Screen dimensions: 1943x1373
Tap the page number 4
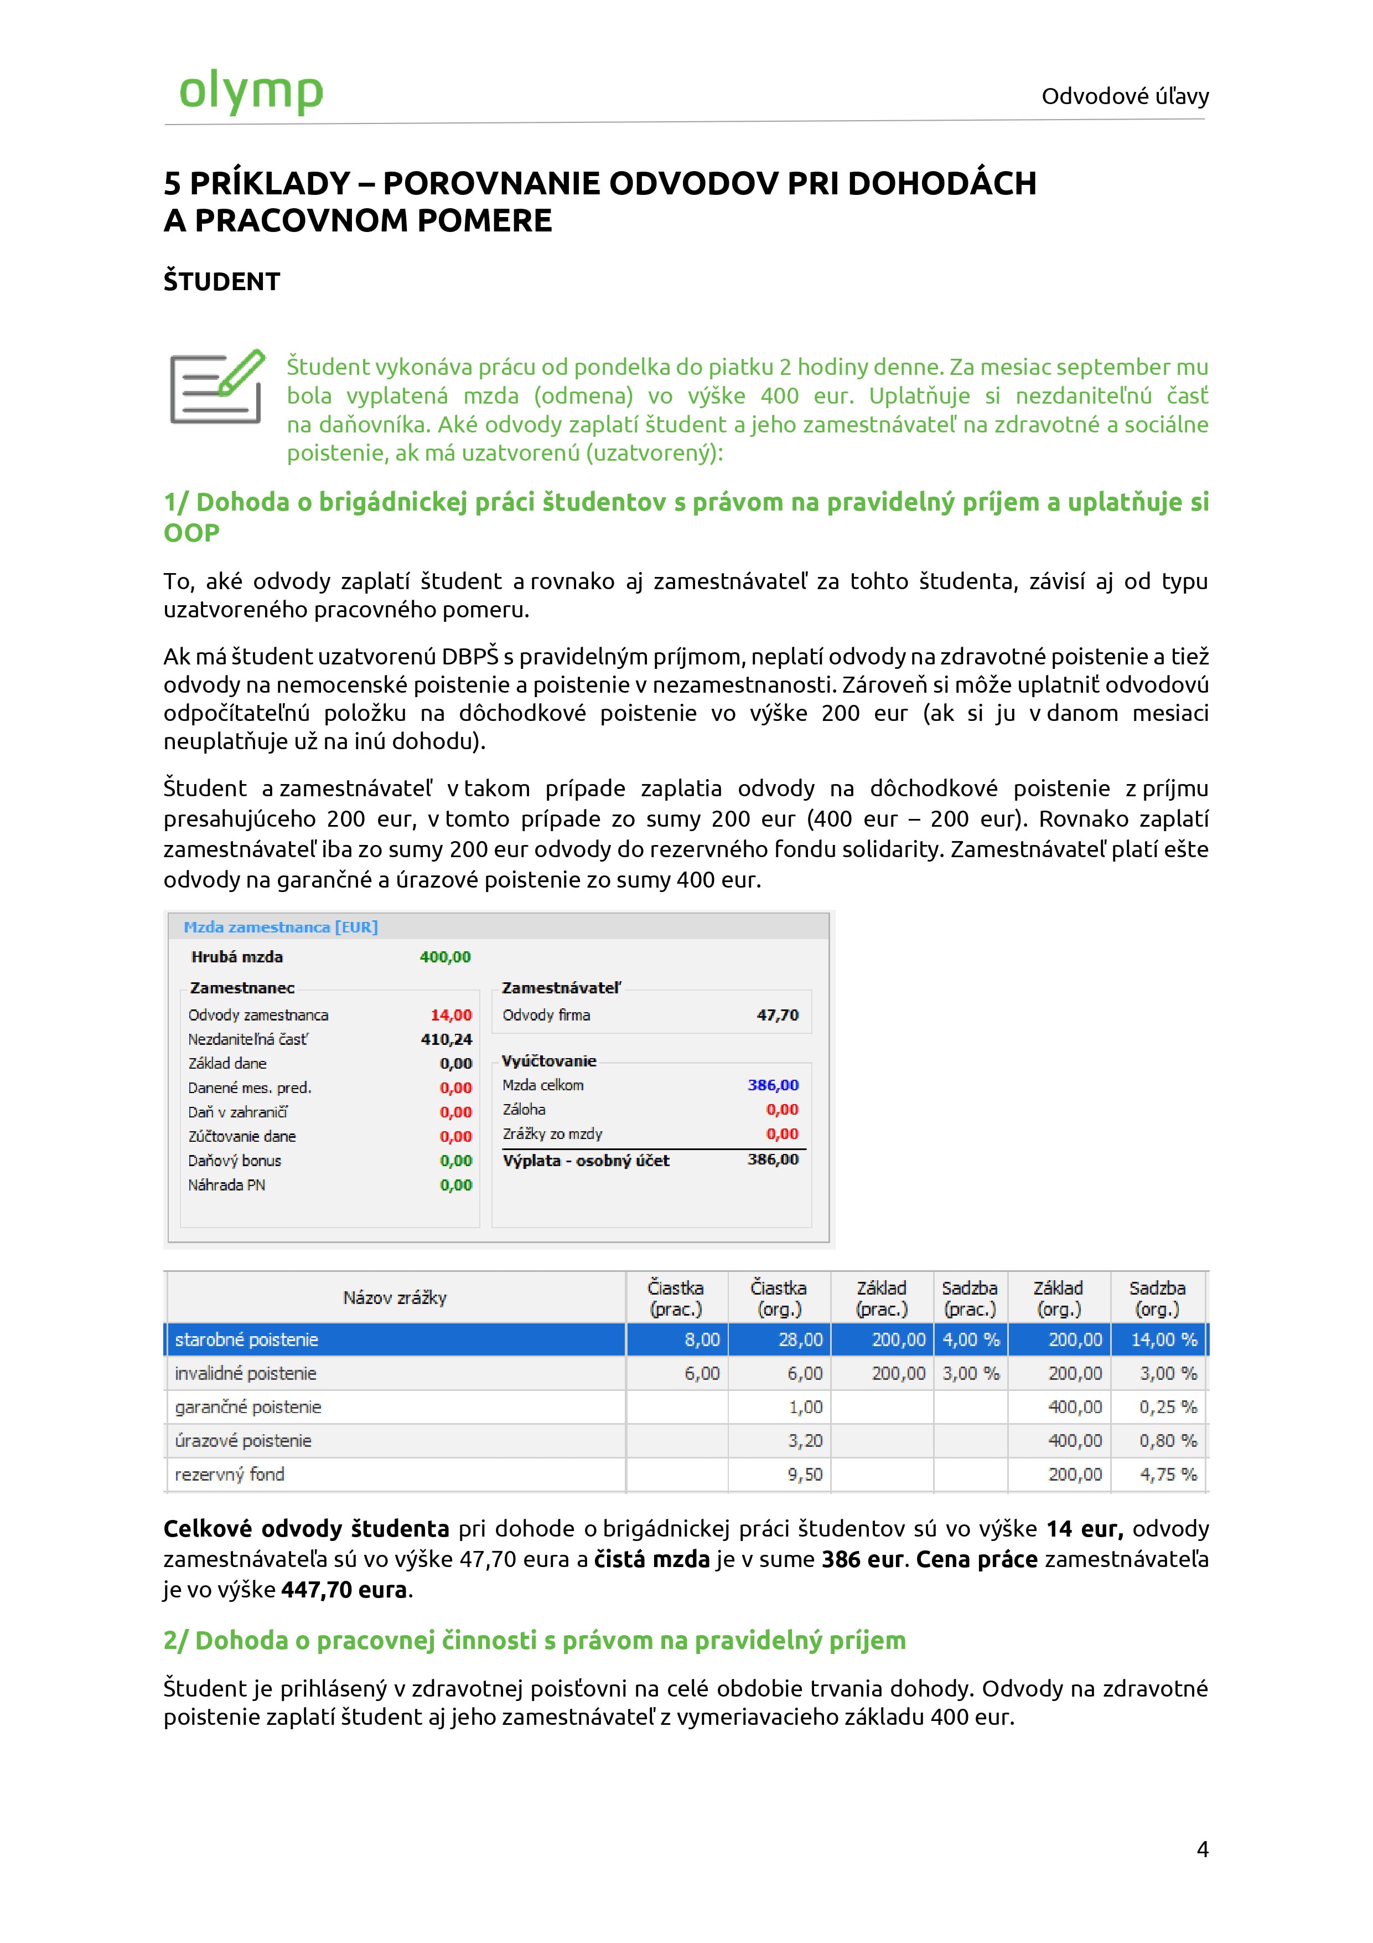(x=1202, y=1849)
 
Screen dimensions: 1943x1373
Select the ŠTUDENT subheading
(x=222, y=282)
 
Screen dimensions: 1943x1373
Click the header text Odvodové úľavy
(x=1125, y=96)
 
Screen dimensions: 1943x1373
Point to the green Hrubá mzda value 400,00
(x=445, y=957)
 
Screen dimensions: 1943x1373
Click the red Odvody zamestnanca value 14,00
(x=451, y=1014)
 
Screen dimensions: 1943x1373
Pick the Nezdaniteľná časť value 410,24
(x=446, y=1039)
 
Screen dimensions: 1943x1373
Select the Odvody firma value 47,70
(x=778, y=1014)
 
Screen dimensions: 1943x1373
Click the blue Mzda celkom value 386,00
(x=773, y=1085)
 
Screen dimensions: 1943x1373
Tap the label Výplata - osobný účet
(x=586, y=1160)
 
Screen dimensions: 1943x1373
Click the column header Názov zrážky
(x=394, y=1297)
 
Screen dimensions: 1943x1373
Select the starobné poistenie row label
(x=246, y=1339)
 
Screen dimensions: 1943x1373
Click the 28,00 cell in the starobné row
(x=800, y=1339)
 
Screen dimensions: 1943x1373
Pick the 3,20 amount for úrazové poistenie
(x=805, y=1440)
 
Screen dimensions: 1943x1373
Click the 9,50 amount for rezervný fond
(x=805, y=1474)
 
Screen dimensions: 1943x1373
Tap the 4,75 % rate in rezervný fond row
(x=1168, y=1474)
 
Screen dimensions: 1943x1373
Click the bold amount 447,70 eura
(x=344, y=1589)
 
